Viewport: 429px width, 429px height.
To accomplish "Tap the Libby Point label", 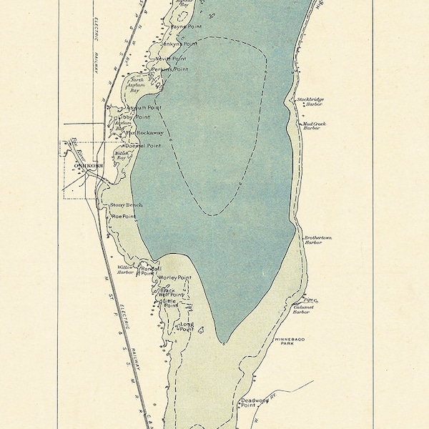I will (x=136, y=116).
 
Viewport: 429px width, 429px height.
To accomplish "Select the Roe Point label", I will (x=124, y=214).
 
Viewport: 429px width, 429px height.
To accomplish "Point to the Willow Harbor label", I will (x=127, y=270).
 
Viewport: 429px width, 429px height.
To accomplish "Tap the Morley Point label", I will (x=175, y=277).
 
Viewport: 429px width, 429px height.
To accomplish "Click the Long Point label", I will (x=187, y=327).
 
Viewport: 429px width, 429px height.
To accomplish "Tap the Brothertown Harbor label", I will (x=317, y=240).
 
